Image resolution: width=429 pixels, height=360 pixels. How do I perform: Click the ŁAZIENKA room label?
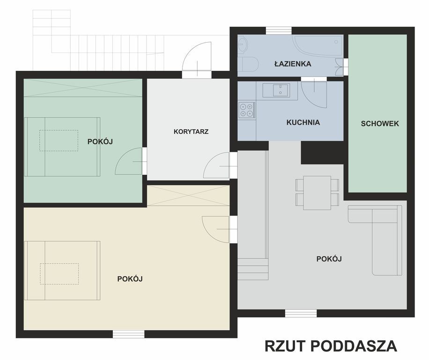pos(293,64)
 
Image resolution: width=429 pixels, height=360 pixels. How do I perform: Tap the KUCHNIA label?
pos(303,122)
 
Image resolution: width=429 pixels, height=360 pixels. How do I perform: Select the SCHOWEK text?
pos(380,124)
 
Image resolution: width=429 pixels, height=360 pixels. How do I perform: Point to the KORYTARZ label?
pos(191,132)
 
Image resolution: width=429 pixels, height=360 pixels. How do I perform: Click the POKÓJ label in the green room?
pos(100,141)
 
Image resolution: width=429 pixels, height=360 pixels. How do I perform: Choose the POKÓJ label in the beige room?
pos(130,278)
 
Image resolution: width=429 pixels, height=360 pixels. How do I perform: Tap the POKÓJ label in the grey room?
pos(329,259)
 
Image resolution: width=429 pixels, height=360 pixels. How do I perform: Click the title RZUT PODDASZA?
pos(331,346)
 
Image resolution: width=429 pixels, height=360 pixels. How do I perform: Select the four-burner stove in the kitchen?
pos(246,110)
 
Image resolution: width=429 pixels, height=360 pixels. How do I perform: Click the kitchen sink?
pos(276,90)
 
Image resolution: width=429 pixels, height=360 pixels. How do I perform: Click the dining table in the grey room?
pos(317,193)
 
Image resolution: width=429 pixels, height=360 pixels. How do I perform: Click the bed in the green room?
pos(62,147)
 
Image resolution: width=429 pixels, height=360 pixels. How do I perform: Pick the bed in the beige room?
pos(62,270)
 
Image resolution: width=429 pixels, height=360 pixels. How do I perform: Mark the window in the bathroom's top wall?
pos(279,30)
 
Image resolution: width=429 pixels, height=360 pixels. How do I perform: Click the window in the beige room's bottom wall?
pos(128,334)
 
